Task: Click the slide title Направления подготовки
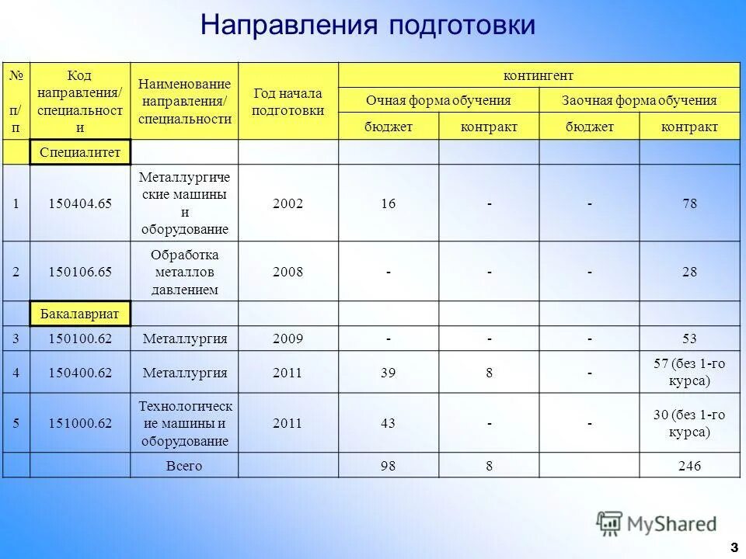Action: click(x=368, y=25)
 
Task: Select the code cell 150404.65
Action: click(x=80, y=203)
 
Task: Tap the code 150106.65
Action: click(x=80, y=272)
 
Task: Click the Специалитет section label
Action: click(x=80, y=152)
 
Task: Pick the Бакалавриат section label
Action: click(x=80, y=314)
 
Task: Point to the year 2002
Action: click(x=288, y=203)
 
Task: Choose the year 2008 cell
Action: click(x=288, y=272)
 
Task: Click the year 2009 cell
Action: click(x=288, y=339)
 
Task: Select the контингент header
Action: click(x=539, y=75)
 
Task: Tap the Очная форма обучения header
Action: click(x=438, y=101)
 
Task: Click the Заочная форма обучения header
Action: click(x=639, y=101)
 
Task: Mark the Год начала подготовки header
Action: click(x=288, y=102)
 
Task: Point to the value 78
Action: click(x=689, y=203)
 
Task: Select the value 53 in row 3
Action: click(x=689, y=339)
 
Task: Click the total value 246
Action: click(x=689, y=466)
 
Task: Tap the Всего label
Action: click(x=185, y=466)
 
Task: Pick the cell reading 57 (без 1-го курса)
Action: click(x=689, y=373)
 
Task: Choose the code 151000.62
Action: click(x=80, y=423)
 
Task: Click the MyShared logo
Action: click(x=657, y=523)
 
